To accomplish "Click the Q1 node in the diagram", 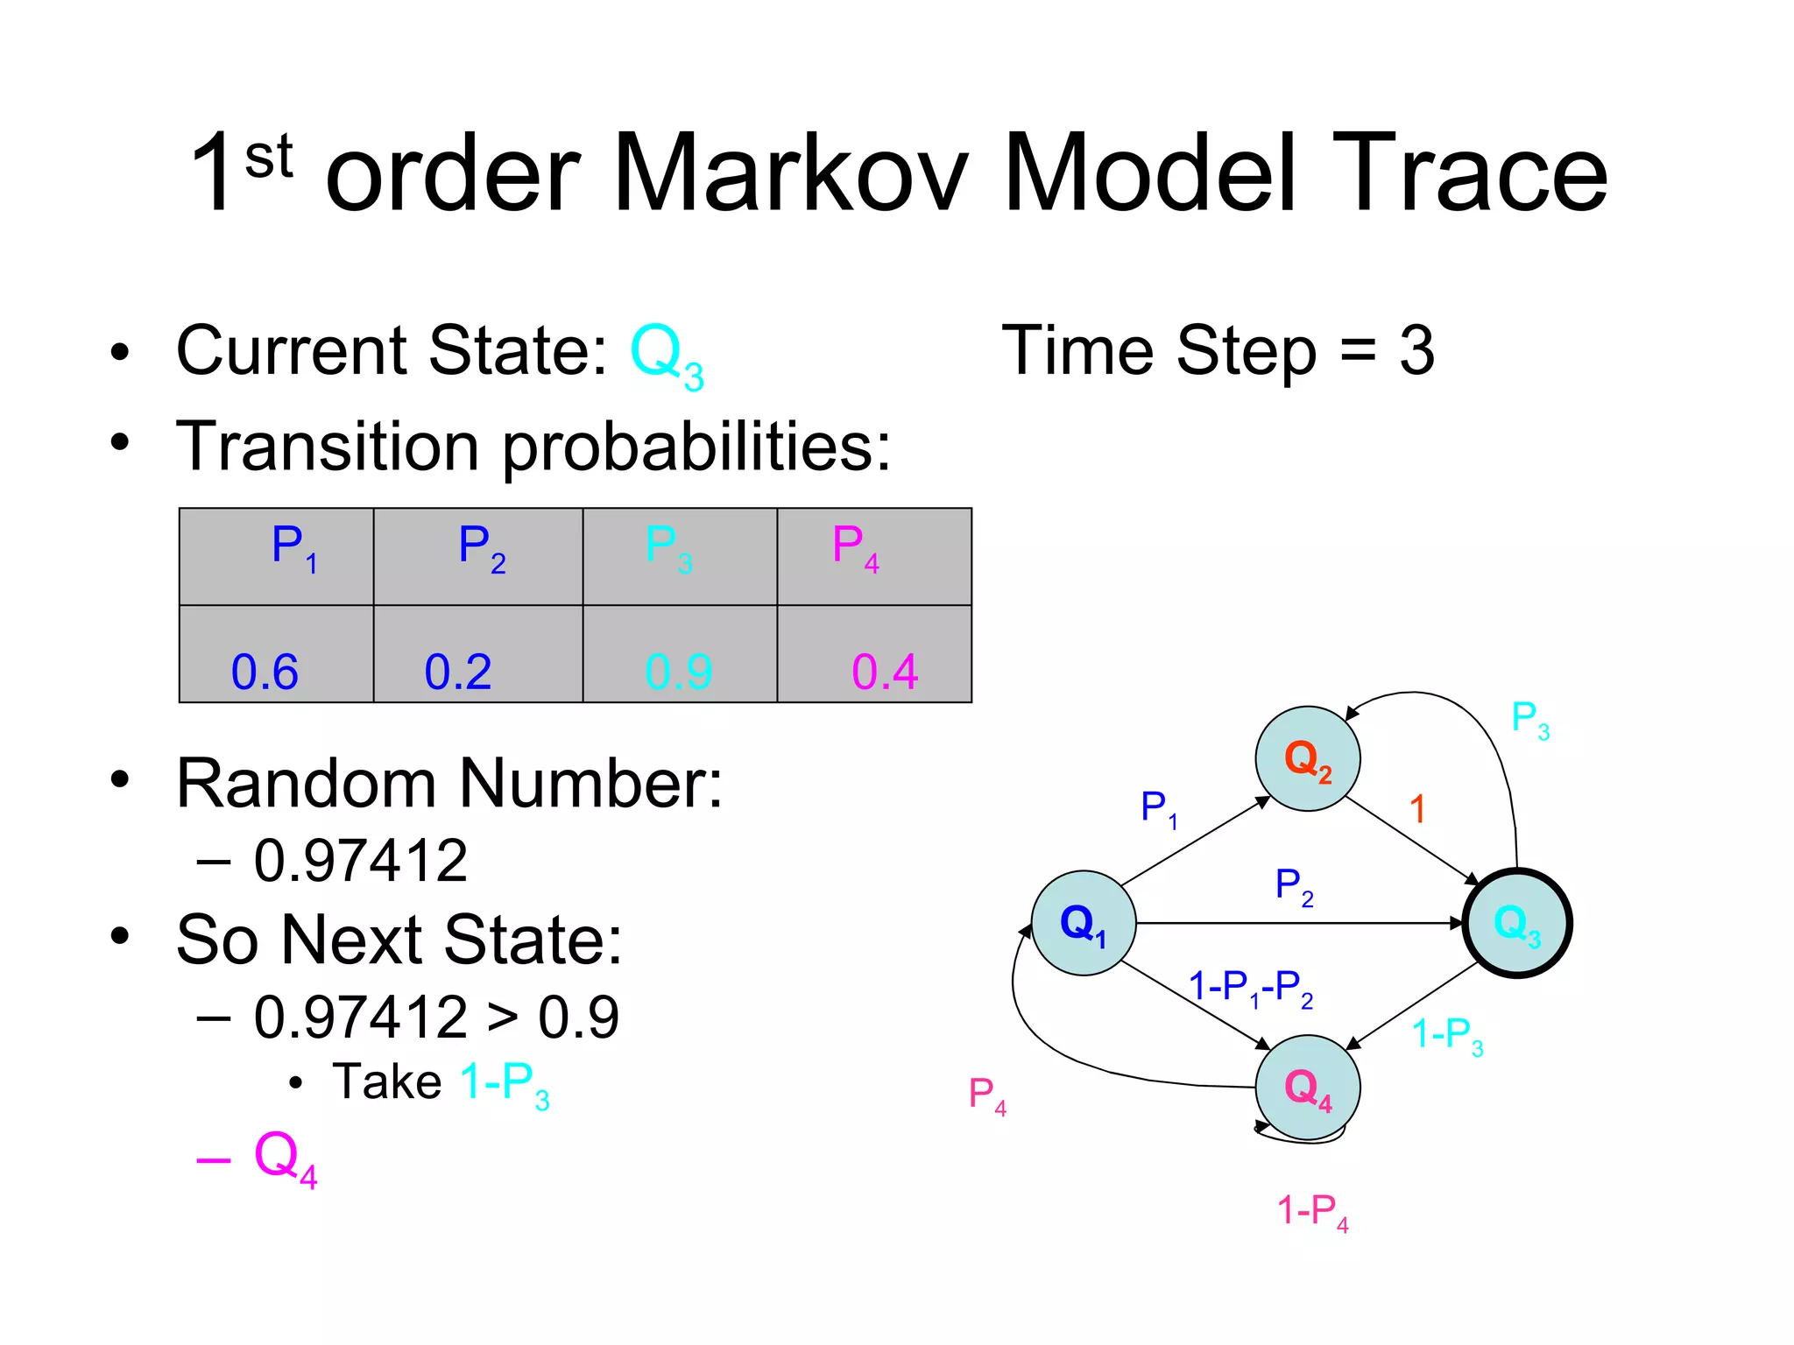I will pyautogui.click(x=1084, y=923).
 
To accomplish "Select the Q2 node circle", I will pyautogui.click(x=1307, y=758).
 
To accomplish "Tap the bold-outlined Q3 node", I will pyautogui.click(x=1517, y=923).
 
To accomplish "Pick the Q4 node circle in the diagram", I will pyautogui.click(x=1307, y=1088).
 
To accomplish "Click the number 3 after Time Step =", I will pyautogui.click(x=1416, y=350).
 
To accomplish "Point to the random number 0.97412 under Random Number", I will pyautogui.click(x=361, y=861).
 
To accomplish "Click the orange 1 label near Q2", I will pyautogui.click(x=1417, y=809).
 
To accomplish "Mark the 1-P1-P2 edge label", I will pyautogui.click(x=1250, y=989).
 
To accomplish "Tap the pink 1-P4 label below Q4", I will pyautogui.click(x=1311, y=1213).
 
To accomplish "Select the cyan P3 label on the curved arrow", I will pyautogui.click(x=1529, y=720).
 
